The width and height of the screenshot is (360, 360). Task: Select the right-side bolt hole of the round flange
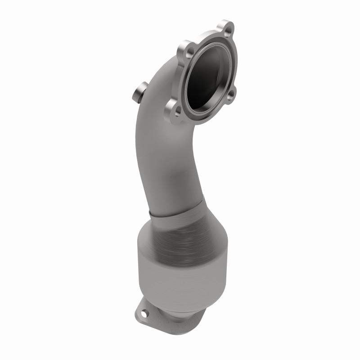point(230,94)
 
